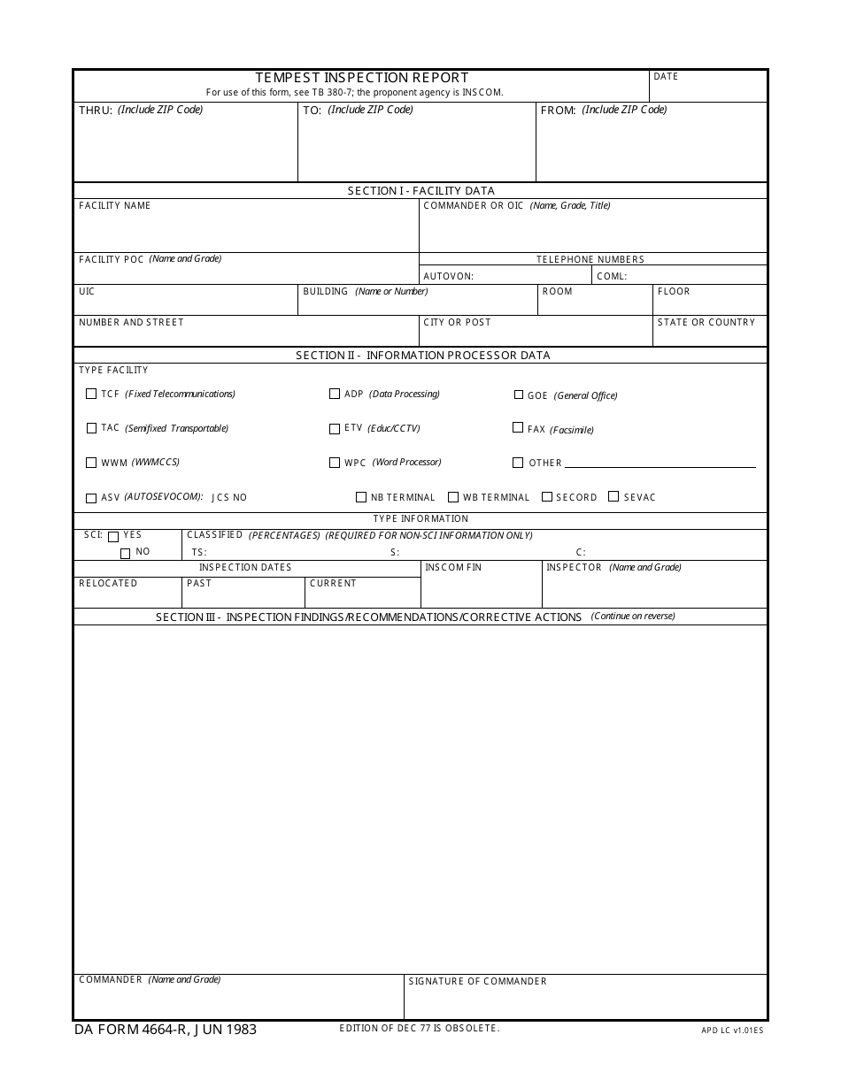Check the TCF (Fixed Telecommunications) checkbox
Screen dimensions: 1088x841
(91, 395)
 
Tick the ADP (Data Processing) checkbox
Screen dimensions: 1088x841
(335, 395)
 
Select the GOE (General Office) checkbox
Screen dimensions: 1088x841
(519, 395)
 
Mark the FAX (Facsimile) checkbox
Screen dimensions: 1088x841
(518, 428)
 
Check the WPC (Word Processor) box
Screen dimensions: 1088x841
(335, 463)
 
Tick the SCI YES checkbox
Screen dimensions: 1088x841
(113, 537)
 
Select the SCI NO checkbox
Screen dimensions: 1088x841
(125, 554)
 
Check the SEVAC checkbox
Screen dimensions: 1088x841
(613, 497)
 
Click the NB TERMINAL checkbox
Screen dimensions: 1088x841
(361, 497)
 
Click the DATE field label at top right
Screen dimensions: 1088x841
(666, 77)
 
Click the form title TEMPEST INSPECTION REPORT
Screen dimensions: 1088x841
(362, 78)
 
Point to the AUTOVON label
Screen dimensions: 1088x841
(448, 276)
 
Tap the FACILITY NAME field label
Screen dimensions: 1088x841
(115, 206)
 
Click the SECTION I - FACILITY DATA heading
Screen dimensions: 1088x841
(420, 191)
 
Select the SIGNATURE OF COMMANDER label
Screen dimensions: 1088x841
(477, 982)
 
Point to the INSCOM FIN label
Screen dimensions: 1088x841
(453, 568)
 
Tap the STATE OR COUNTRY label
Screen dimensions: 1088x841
(706, 323)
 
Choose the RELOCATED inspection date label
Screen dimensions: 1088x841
(108, 584)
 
